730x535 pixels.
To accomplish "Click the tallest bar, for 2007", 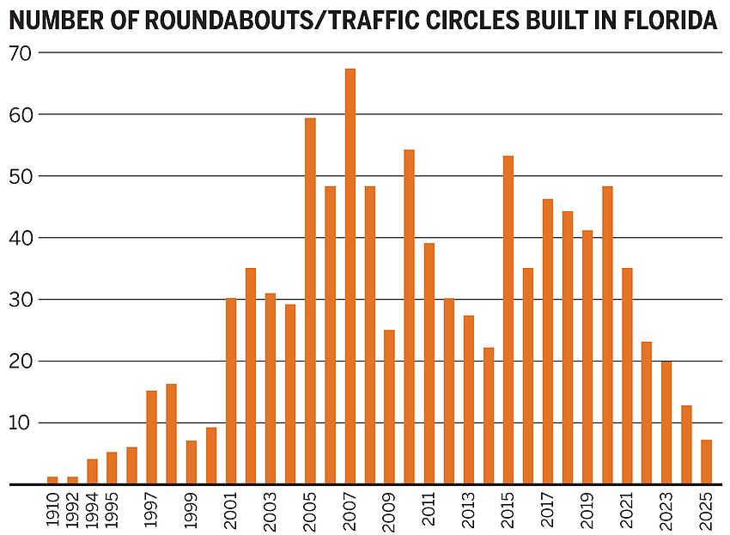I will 350,276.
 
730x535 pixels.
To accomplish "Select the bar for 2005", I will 310,301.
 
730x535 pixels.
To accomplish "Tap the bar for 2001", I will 231,391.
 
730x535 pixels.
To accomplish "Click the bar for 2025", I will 706,462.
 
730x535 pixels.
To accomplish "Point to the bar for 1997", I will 152,437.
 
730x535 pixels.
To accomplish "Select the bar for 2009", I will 389,406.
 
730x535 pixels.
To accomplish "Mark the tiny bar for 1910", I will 52,480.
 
